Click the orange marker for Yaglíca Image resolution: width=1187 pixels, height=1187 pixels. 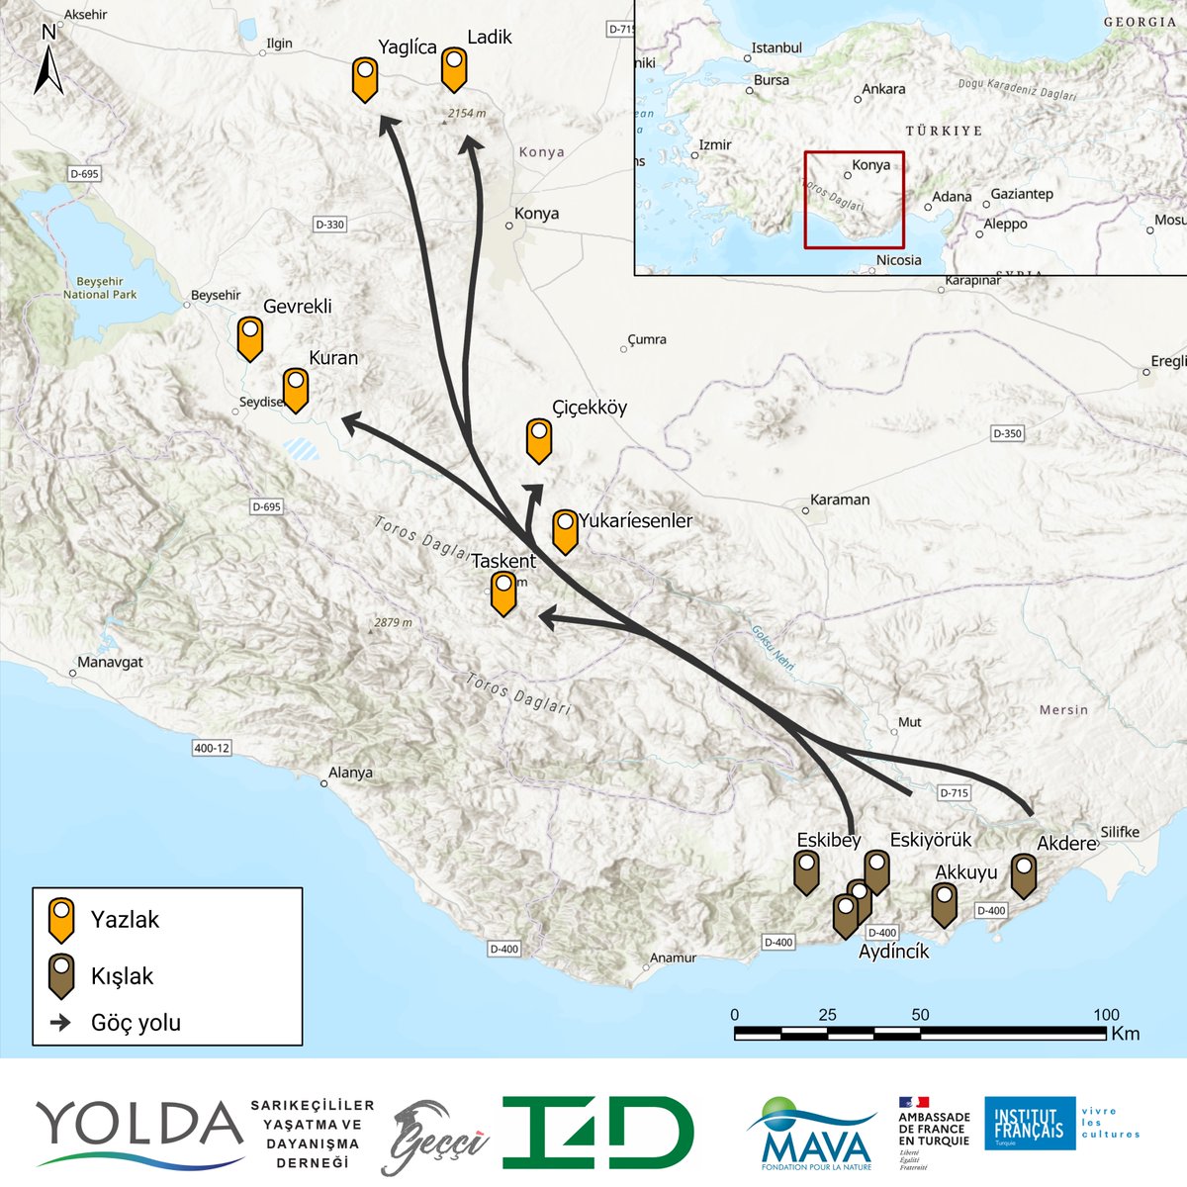[x=365, y=78]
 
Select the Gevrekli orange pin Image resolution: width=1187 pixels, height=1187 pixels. [x=250, y=336]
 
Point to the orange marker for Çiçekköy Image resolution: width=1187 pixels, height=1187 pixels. [x=539, y=439]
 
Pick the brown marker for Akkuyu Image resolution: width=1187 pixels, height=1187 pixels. [x=945, y=903]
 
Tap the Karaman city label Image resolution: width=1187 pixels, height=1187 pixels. [x=839, y=501]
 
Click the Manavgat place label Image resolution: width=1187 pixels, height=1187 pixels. [x=110, y=663]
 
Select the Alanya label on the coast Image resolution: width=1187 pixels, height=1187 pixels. [x=350, y=773]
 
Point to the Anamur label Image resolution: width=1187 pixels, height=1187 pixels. [x=673, y=958]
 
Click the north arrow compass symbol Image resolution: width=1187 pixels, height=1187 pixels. [x=48, y=62]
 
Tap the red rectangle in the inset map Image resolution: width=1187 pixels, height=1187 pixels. [x=854, y=200]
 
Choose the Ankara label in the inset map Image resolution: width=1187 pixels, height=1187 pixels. [x=882, y=90]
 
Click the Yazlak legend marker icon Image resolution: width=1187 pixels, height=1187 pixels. [x=62, y=919]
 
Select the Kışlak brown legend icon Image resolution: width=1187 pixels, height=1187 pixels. [x=62, y=975]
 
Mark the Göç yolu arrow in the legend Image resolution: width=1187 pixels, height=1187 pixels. [x=61, y=1023]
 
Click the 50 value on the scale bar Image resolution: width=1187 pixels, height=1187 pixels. [x=920, y=1015]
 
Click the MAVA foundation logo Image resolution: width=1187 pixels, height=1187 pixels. [x=810, y=1134]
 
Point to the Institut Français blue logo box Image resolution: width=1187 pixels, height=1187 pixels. [x=1029, y=1123]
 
